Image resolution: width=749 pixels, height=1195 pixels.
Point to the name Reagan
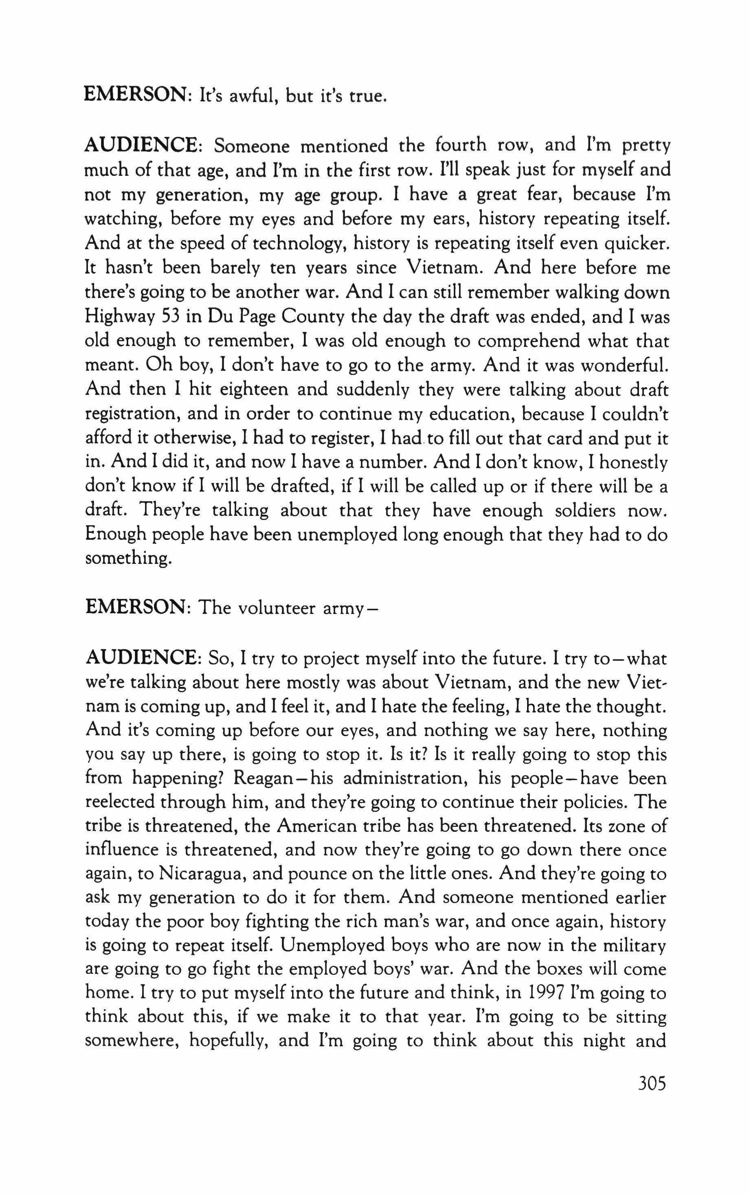pyautogui.click(x=266, y=778)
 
